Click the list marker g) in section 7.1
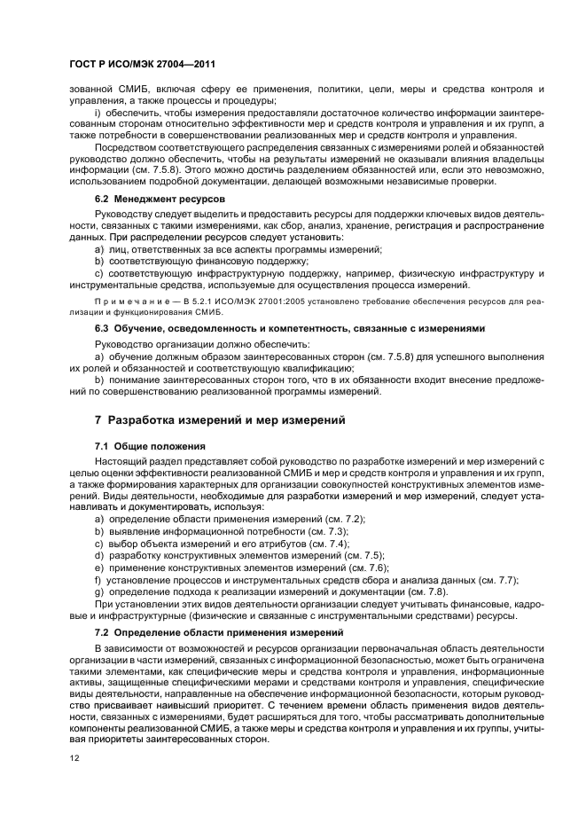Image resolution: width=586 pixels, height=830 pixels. (x=98, y=591)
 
